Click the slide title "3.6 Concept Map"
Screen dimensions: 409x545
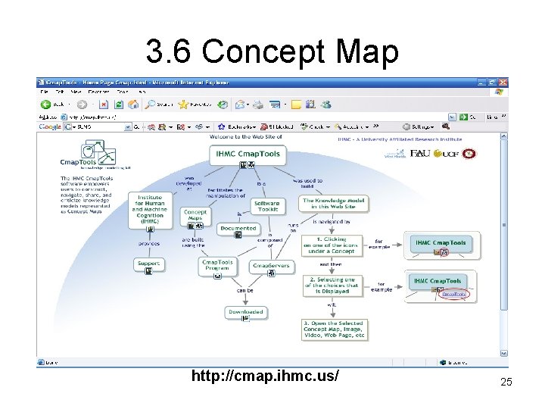point(272,52)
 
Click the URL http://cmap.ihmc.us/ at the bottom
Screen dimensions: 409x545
point(265,376)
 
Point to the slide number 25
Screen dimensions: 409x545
point(506,382)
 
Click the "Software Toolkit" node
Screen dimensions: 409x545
point(266,206)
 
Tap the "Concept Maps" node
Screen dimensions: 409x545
point(195,216)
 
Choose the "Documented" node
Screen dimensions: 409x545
point(238,228)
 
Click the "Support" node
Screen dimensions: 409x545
point(148,264)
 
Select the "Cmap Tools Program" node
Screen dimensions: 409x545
point(218,266)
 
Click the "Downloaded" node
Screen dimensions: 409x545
point(245,312)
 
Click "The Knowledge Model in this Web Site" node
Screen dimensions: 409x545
point(334,204)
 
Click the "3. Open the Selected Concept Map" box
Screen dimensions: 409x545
point(334,330)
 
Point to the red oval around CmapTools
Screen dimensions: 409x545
point(453,293)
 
